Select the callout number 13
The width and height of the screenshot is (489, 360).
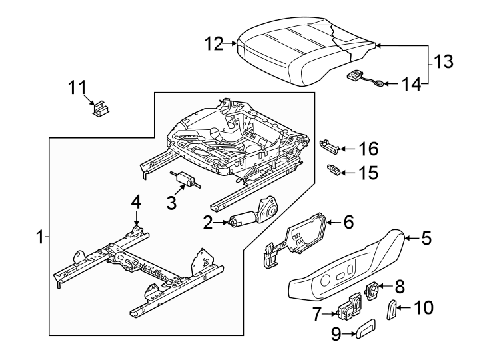point(444,62)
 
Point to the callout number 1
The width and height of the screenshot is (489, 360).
point(39,237)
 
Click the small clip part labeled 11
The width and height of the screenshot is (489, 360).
point(101,109)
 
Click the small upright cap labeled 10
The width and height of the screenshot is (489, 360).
point(392,310)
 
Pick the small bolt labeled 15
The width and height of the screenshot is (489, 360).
point(336,171)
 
